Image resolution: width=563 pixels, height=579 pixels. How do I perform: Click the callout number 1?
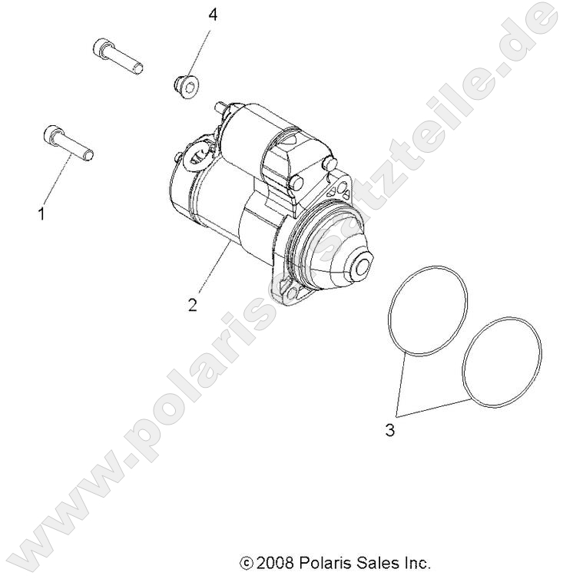pos(41,214)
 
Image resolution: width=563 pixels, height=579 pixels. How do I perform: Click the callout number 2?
pos(192,304)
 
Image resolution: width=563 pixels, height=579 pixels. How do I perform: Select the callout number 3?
pos(389,431)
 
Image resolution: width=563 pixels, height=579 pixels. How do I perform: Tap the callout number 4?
pos(212,15)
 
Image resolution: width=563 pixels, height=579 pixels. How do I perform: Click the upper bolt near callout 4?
pos(118,57)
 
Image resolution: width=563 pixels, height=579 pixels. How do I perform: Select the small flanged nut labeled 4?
pos(184,81)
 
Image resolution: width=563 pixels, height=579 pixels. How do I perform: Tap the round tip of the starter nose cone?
pos(359,270)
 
